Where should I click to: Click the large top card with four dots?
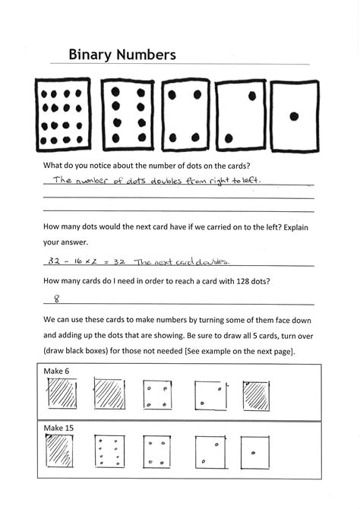click(x=186, y=115)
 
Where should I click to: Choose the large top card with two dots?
click(x=240, y=115)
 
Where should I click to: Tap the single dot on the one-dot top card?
click(x=294, y=116)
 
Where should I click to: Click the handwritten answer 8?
click(x=55, y=299)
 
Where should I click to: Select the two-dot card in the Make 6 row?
click(x=210, y=396)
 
